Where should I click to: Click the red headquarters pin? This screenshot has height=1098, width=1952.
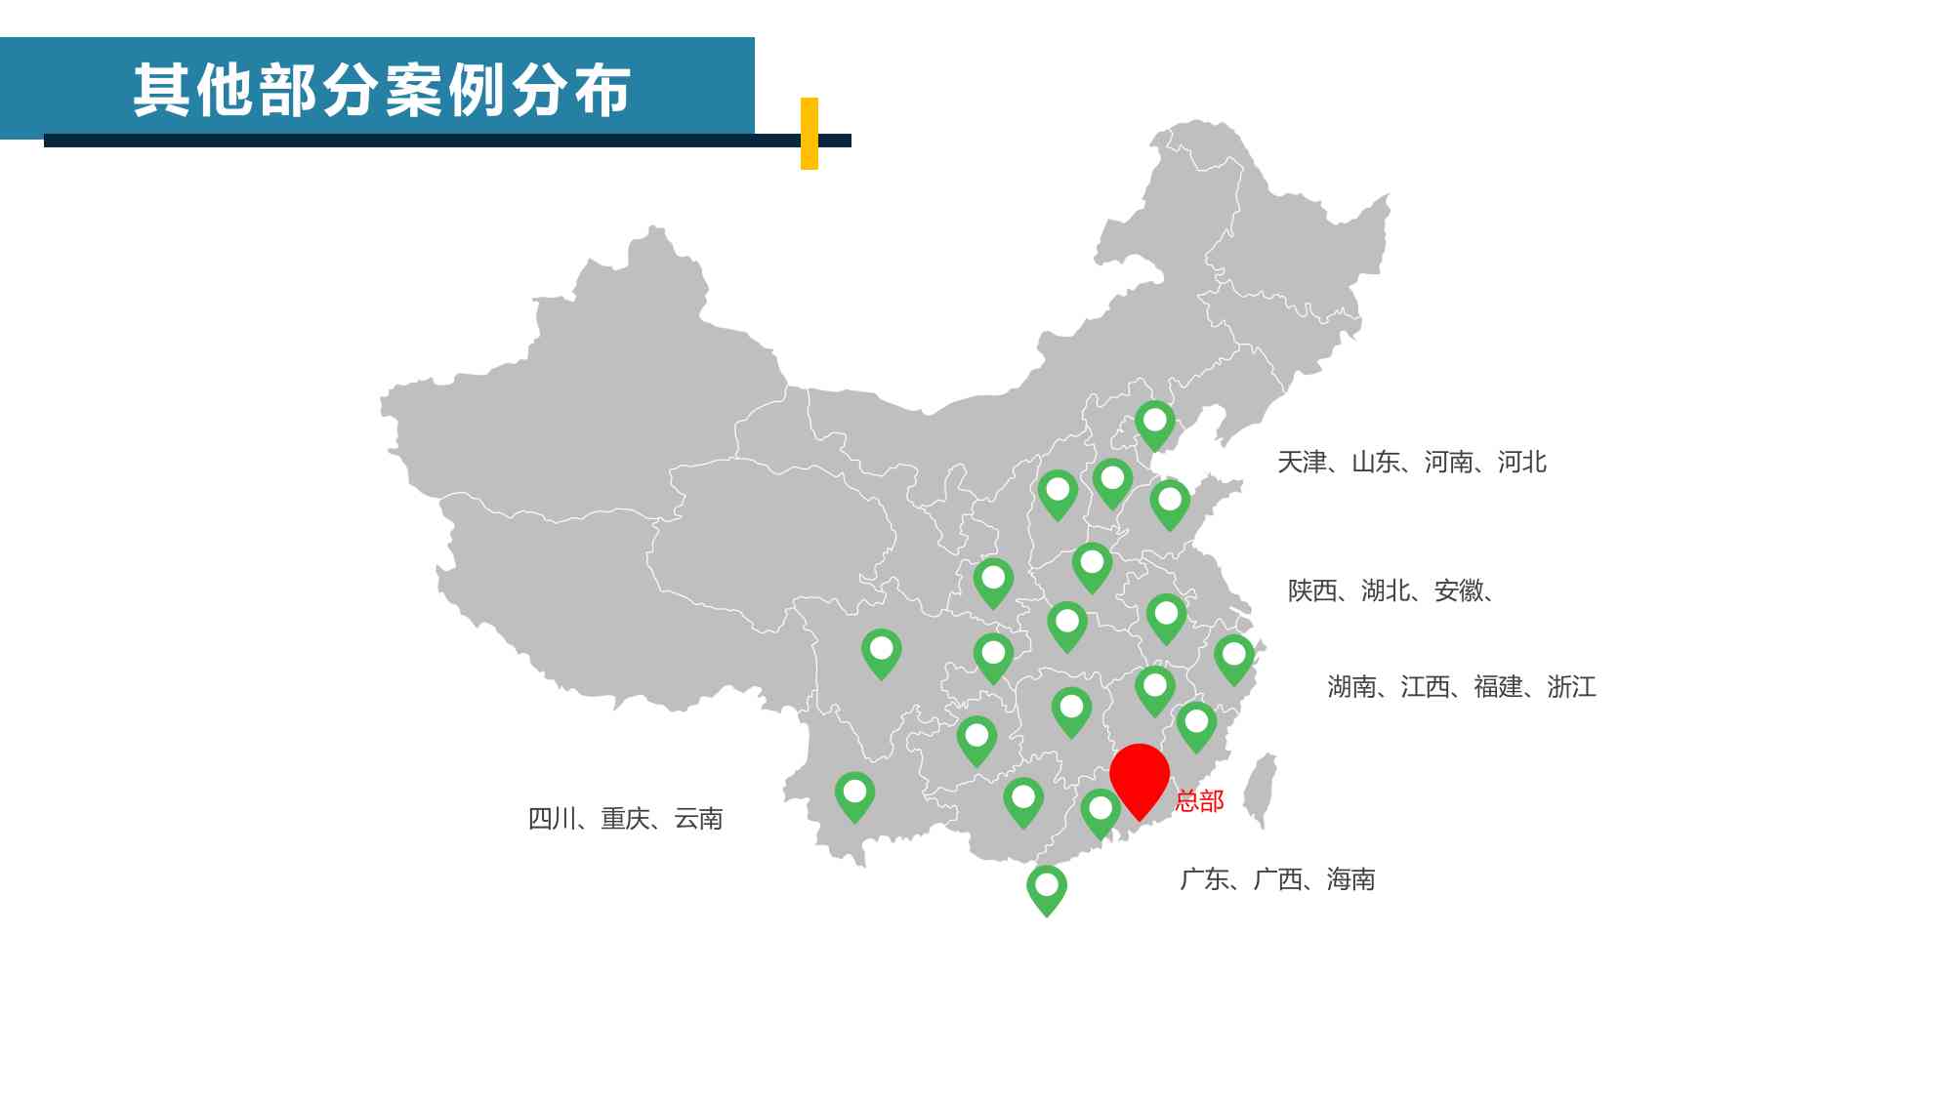(x=1139, y=775)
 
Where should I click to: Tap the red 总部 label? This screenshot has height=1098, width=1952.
(x=1199, y=801)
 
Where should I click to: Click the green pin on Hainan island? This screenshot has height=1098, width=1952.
(x=1046, y=887)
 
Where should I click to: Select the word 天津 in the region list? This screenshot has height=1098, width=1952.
(x=1302, y=463)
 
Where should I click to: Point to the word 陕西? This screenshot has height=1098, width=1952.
(x=1311, y=591)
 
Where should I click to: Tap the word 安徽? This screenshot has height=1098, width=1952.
(x=1458, y=591)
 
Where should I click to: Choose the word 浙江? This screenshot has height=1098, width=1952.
(x=1571, y=687)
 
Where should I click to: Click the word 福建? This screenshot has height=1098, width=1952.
(x=1498, y=687)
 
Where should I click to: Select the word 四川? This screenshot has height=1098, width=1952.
(x=553, y=819)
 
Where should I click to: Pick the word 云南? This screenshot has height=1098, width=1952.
(x=698, y=819)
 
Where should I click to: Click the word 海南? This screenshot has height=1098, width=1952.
(x=1350, y=880)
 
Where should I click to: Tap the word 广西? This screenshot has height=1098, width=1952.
(x=1277, y=880)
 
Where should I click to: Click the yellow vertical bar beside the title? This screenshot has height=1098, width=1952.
(x=809, y=134)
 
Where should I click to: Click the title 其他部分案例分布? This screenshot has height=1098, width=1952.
(x=382, y=91)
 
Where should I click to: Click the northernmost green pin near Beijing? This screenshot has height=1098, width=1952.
(x=1154, y=423)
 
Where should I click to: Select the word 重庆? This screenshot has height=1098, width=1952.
(x=626, y=819)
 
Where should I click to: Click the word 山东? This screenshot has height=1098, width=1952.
(x=1375, y=463)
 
